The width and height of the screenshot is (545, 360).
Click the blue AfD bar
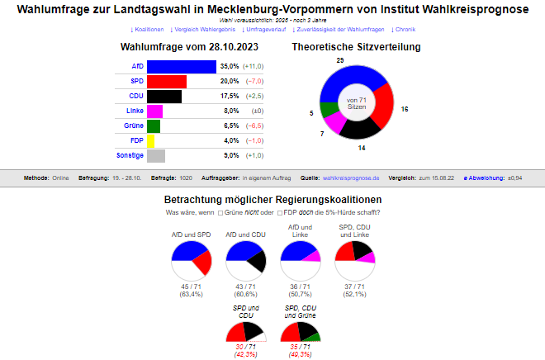coord(182,67)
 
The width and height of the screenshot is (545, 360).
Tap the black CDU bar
coord(164,97)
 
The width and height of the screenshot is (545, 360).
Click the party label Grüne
coord(133,126)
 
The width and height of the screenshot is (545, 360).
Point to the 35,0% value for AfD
coord(230,67)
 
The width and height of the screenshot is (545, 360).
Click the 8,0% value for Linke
coord(230,111)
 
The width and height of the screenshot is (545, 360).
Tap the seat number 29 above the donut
coord(340,61)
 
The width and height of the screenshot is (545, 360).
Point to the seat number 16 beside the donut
coord(405,109)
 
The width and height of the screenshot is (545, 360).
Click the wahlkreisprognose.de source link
coord(352,178)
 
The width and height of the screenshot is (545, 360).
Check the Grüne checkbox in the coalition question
coord(220,213)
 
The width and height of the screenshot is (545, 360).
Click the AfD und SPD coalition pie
coord(192,262)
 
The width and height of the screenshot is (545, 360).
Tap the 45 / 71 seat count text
coord(192,286)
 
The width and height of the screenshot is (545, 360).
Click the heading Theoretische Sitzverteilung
coord(356,47)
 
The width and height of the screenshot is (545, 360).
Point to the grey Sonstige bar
coord(156,155)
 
